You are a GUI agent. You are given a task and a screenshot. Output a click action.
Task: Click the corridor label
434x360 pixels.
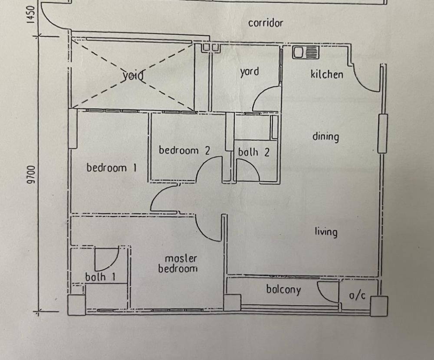266,23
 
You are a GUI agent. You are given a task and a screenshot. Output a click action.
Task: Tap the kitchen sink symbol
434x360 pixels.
306,52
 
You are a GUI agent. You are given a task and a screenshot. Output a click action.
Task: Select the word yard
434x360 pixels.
250,72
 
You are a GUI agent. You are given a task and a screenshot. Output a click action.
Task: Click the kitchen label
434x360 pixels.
327,75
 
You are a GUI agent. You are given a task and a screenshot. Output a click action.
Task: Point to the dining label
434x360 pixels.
325,137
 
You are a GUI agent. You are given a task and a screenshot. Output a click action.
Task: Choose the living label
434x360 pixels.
326,232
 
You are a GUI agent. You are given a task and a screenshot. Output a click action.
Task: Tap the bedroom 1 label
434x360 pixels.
112,168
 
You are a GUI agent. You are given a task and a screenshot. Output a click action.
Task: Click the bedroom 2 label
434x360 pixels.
184,150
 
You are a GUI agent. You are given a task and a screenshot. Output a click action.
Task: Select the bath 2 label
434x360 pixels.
253,153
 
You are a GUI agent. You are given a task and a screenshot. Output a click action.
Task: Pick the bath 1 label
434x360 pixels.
100,277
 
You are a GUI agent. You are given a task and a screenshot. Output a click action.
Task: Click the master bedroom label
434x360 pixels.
178,263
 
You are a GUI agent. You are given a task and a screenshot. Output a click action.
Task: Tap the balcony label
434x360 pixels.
283,290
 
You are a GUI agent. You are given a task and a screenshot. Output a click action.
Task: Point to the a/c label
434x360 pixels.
357,295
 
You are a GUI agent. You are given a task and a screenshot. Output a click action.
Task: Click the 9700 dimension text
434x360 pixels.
31,175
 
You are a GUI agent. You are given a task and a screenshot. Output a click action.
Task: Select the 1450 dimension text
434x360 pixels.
31,14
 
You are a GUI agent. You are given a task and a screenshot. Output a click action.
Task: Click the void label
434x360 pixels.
133,75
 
